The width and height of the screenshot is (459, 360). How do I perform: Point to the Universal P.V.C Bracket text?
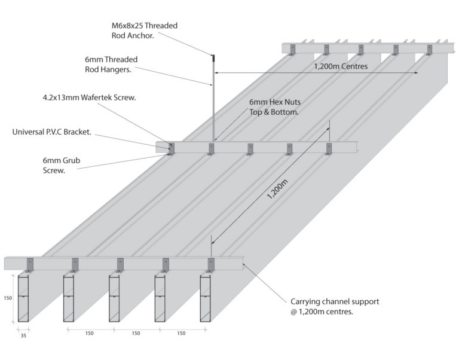click(x=51, y=132)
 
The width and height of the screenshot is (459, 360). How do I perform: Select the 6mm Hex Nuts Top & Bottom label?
click(x=275, y=106)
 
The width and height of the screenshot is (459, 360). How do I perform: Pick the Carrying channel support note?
click(x=335, y=306)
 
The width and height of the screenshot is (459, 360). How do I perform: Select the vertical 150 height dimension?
click(x=7, y=297)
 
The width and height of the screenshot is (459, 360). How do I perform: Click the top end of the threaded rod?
click(x=213, y=57)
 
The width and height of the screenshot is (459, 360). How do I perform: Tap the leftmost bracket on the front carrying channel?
click(x=30, y=264)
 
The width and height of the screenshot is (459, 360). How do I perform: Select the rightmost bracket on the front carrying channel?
click(x=210, y=264)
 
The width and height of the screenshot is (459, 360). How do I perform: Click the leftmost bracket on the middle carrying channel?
click(x=172, y=148)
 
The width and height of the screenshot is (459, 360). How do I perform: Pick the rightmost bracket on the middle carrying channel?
click(x=328, y=148)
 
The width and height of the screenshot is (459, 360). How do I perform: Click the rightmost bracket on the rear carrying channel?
click(x=429, y=49)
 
